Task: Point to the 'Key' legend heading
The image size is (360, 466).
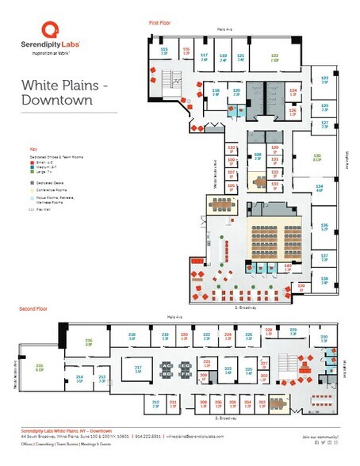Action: click(33, 148)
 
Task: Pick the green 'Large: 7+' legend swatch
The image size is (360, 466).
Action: click(32, 172)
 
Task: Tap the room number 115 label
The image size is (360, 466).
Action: click(165, 50)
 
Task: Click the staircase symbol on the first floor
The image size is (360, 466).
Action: click(169, 81)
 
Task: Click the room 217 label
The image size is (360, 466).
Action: click(137, 368)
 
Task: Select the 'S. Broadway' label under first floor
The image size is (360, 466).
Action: click(245, 307)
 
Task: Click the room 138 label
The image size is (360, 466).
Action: click(324, 280)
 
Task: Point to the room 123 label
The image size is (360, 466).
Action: click(324, 78)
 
